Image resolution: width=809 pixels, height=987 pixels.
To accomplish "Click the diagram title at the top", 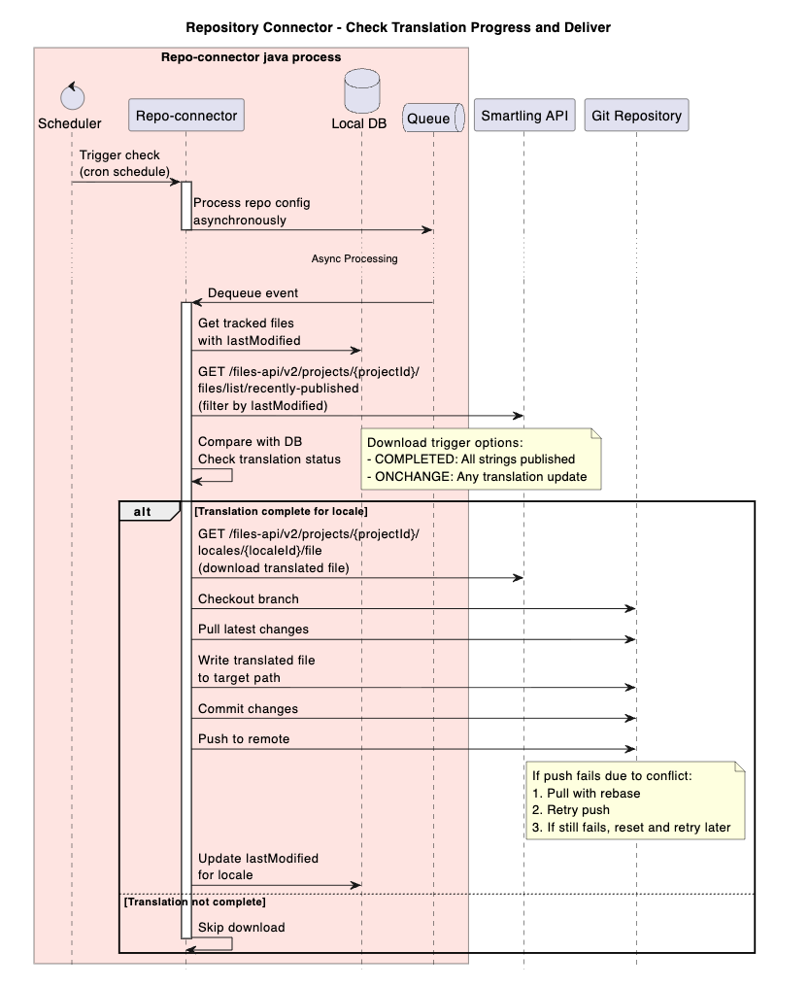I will pos(398,27).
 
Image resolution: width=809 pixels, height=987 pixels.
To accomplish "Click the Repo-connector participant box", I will pos(185,116).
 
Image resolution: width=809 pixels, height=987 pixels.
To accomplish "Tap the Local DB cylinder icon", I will pos(360,89).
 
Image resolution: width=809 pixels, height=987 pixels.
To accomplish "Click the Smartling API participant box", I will pos(523,116).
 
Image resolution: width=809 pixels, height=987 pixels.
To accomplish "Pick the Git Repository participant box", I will pos(636,116).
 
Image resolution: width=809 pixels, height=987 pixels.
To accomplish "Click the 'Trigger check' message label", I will pos(119,155).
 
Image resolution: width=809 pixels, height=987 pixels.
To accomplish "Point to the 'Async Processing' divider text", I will pos(354,259).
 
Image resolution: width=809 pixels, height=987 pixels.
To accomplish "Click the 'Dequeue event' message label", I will pos(253,292).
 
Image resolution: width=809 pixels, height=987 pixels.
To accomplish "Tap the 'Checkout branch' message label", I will pos(249,599).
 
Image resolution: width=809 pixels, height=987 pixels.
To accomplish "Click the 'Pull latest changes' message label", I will pos(253,630).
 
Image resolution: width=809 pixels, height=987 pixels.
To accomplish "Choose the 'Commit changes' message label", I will pos(248,709).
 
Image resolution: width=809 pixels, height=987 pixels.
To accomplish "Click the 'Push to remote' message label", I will pos(244,739).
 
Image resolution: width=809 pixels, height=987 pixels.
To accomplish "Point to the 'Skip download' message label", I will pos(241,928).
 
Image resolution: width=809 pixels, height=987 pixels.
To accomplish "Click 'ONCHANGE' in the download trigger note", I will pos(409,477).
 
